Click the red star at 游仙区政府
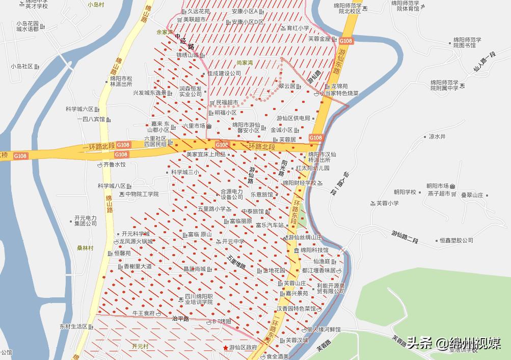(225, 348)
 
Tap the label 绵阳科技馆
(314, 251)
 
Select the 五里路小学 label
(211, 209)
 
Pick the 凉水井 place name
(437, 136)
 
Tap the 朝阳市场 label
(437, 186)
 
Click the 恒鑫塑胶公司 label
(456, 240)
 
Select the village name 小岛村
(96, 4)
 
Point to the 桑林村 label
(85, 248)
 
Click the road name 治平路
(180, 318)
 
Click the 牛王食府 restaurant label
(143, 313)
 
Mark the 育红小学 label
(298, 28)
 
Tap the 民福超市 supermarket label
(227, 102)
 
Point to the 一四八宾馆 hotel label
(91, 119)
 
